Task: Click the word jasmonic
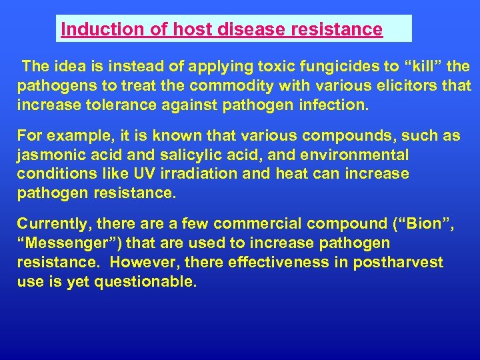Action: click(x=50, y=155)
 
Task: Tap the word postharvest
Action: click(x=399, y=262)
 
